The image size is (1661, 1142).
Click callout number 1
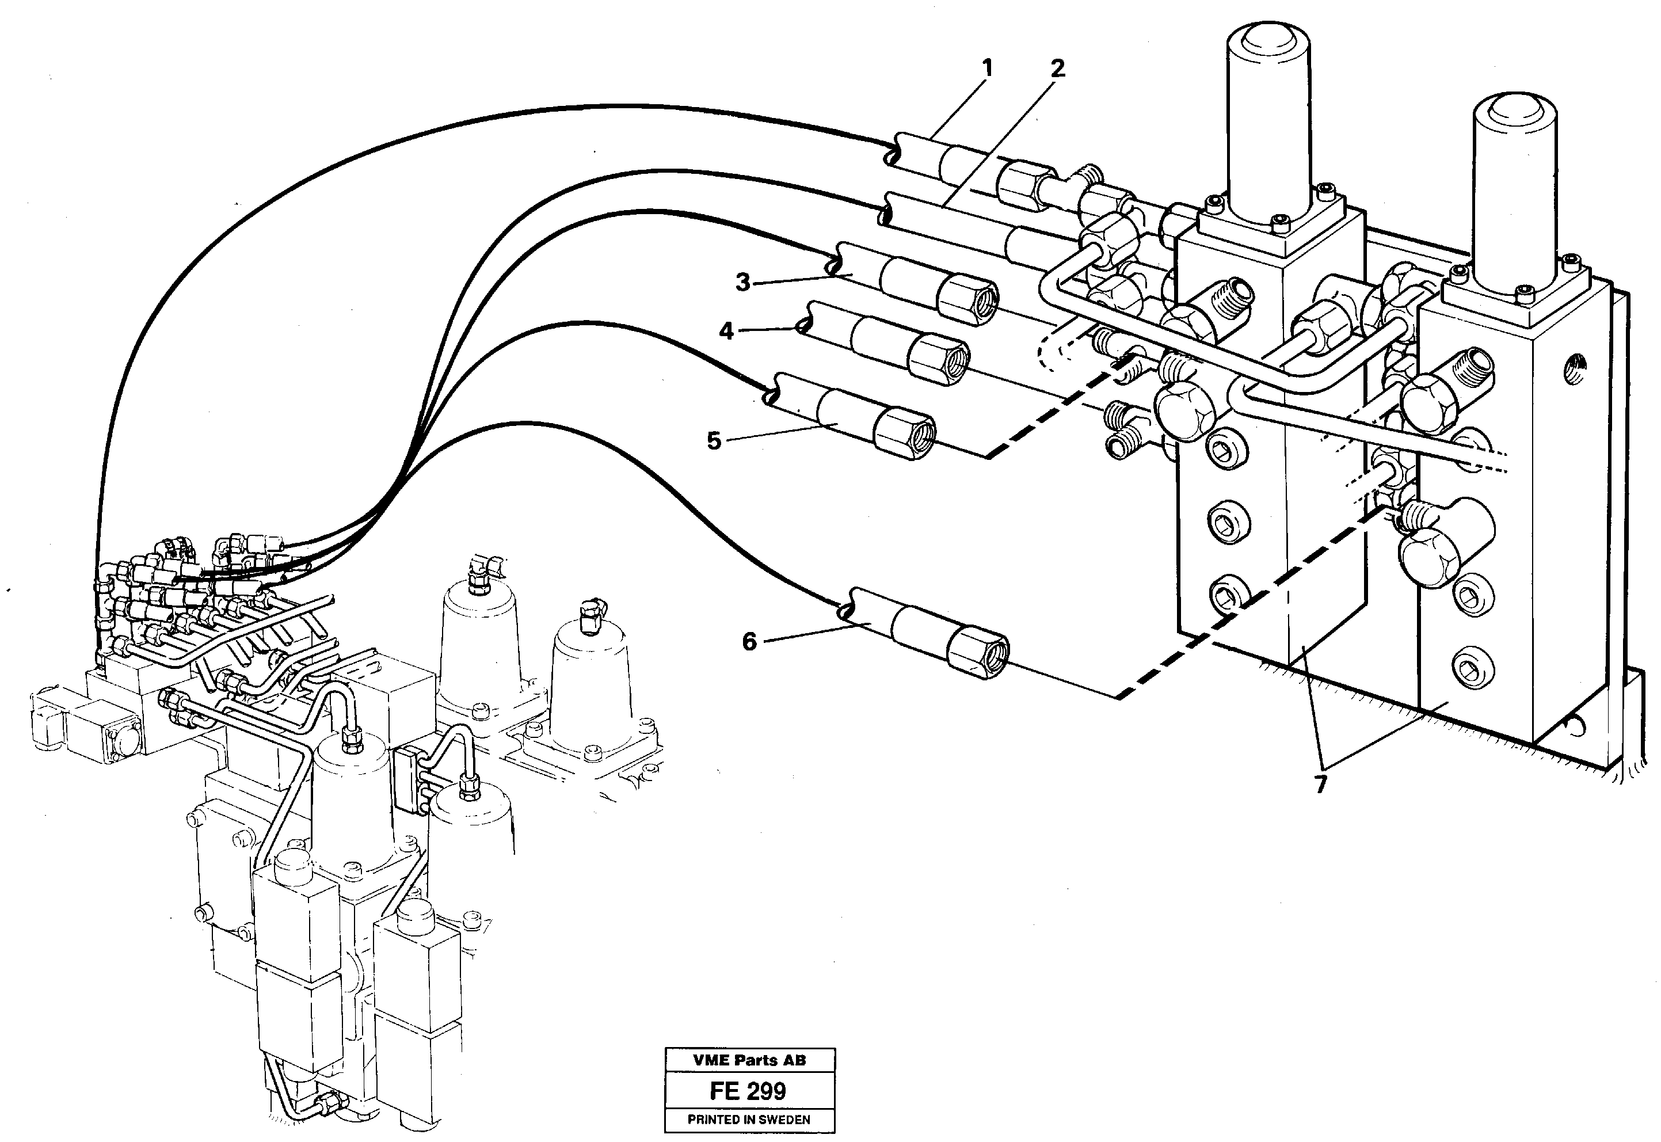pos(987,70)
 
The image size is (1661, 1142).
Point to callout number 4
pos(726,332)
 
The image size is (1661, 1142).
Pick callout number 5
pos(714,441)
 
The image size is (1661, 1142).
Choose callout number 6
pos(749,642)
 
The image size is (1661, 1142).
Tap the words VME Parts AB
pos(749,1060)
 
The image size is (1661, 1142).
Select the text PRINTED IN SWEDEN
pos(749,1120)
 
